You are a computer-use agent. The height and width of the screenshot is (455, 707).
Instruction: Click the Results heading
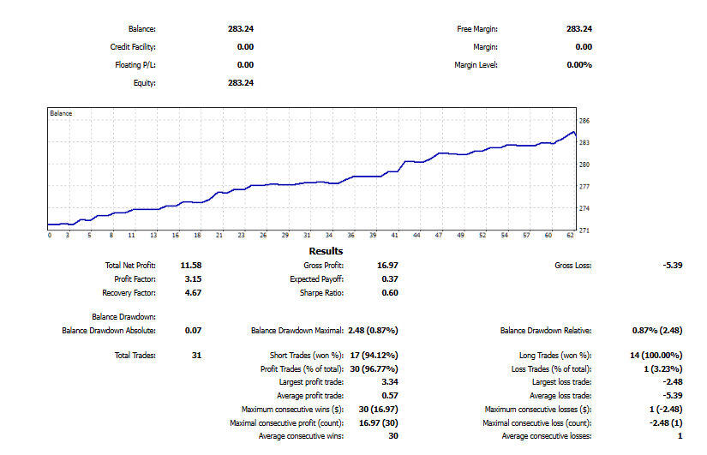point(326,251)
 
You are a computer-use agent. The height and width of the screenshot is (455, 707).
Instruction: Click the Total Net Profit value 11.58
point(191,266)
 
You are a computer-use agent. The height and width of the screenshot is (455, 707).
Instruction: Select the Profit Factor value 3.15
point(193,279)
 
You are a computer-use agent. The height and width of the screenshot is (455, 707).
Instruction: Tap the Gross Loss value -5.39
point(673,266)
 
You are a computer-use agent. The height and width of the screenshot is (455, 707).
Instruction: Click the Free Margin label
point(477,29)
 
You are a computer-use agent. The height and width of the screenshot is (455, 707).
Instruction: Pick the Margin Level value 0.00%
point(579,65)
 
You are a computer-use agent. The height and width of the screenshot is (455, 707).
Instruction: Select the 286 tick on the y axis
point(584,122)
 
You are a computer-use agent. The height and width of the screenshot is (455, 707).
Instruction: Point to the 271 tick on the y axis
point(584,230)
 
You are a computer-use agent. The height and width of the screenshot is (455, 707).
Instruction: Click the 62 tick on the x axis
point(571,236)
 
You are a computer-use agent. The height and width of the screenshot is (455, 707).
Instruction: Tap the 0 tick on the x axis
point(50,236)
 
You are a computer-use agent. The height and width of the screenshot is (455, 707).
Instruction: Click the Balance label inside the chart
point(61,113)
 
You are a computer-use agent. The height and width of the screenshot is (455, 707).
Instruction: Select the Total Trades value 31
point(196,355)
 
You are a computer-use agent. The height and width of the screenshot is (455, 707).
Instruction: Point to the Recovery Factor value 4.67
point(193,293)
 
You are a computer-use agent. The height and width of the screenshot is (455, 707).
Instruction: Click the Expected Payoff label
point(317,279)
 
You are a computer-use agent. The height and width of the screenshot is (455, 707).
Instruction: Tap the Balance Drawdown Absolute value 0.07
point(193,330)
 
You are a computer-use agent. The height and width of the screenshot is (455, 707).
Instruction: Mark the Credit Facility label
point(133,47)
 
